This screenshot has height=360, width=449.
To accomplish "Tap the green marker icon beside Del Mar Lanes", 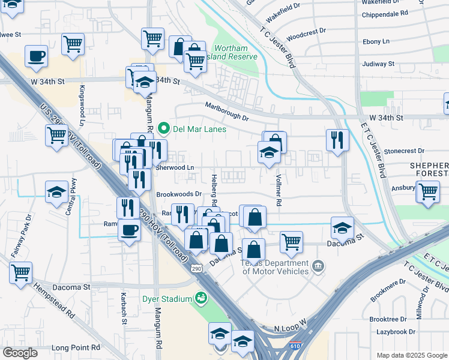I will (x=162, y=129).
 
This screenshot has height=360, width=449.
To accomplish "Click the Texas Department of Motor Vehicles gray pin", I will (x=318, y=265).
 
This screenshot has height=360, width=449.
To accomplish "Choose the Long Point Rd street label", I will (x=76, y=347).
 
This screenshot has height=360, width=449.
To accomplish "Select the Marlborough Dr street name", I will (x=226, y=111).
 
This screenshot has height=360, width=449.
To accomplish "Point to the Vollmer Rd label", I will (x=279, y=190).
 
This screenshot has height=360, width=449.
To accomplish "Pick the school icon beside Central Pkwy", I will (x=57, y=193).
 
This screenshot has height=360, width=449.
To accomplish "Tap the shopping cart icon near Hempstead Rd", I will (x=21, y=272).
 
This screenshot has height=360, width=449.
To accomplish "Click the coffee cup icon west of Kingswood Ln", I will (x=37, y=56).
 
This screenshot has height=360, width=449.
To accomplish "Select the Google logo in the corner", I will (x=20, y=352).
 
